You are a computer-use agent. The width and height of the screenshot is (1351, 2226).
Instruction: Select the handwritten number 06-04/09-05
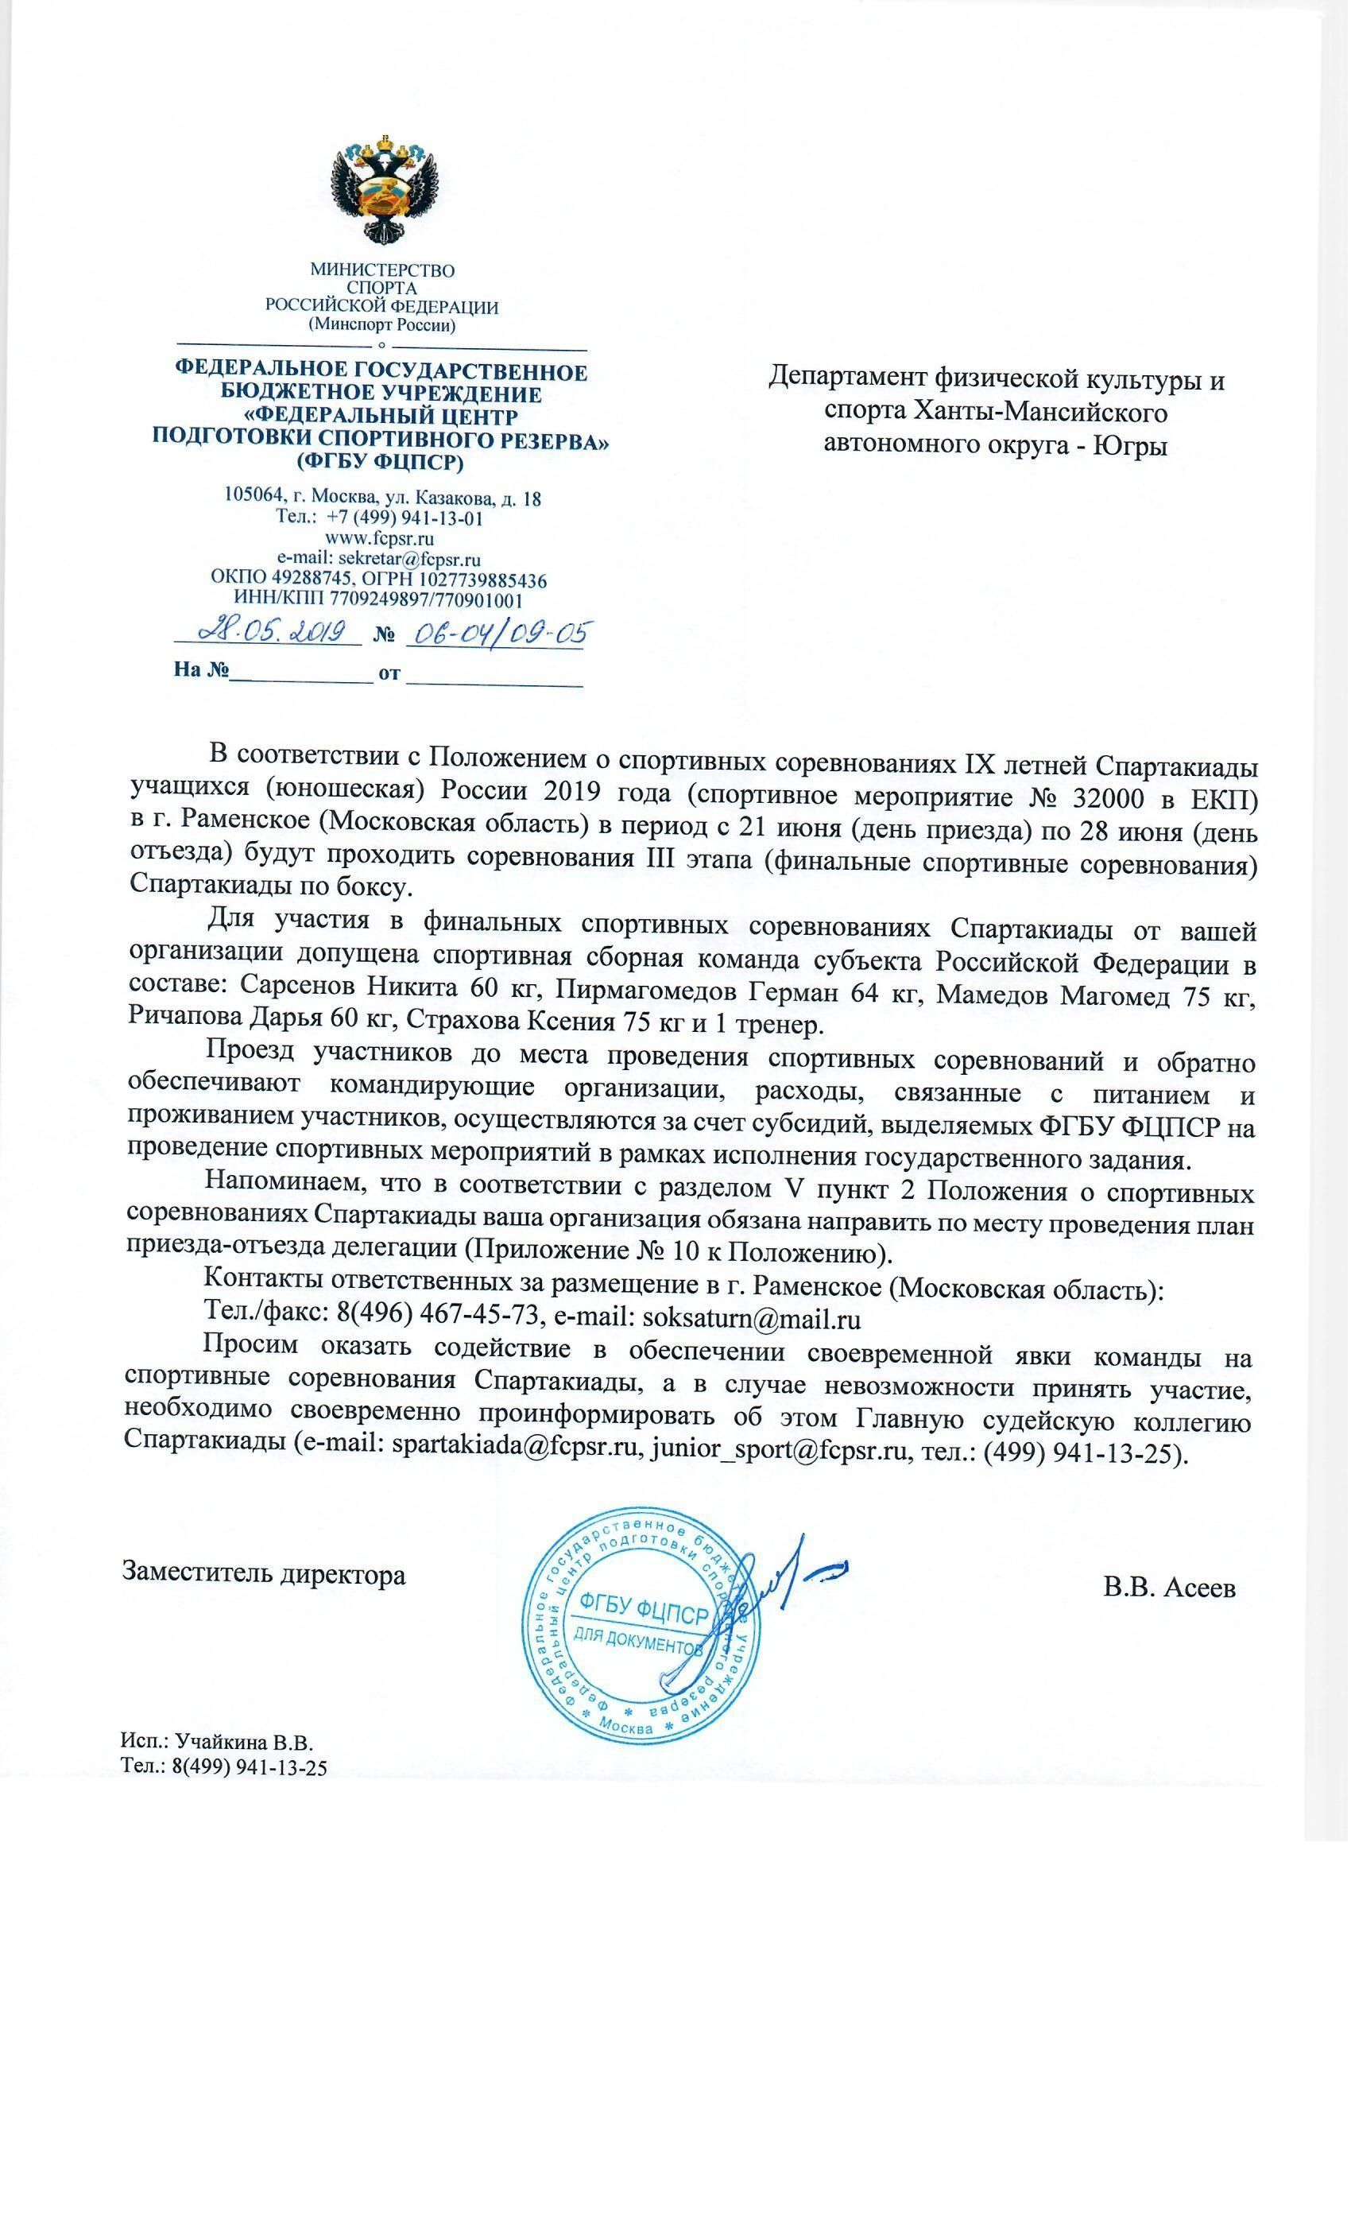(x=496, y=634)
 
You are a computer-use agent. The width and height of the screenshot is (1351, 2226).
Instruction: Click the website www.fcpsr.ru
(x=381, y=538)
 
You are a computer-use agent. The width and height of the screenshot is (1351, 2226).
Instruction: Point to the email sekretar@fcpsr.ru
(x=409, y=559)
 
